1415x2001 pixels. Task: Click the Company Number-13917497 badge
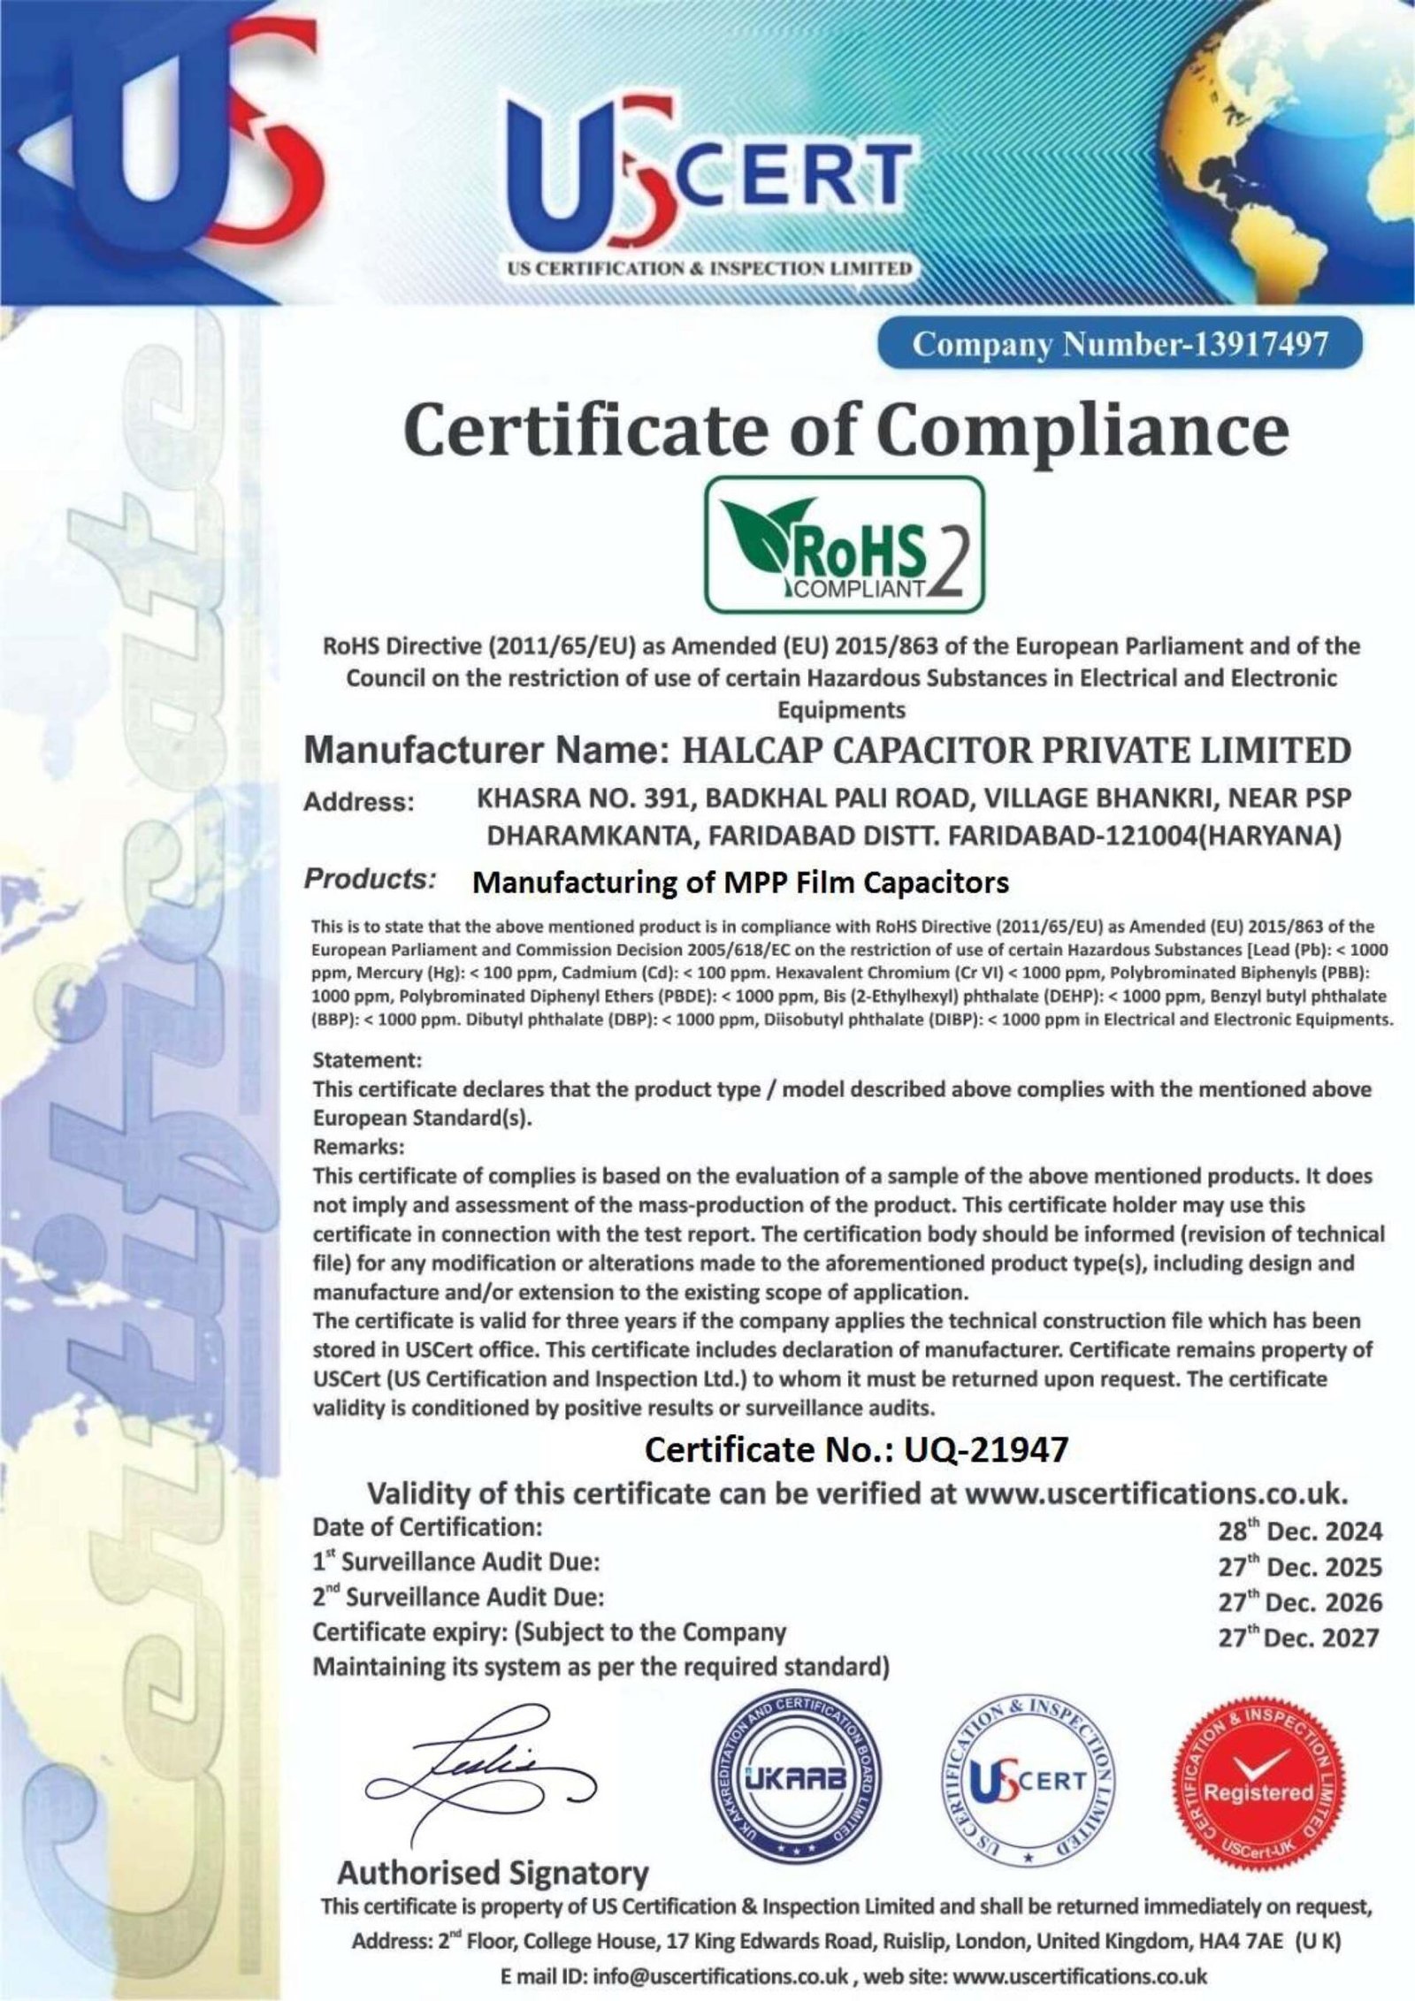click(x=1119, y=344)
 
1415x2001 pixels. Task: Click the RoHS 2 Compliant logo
click(x=843, y=544)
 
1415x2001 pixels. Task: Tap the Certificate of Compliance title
click(x=845, y=432)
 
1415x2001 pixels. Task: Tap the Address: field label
click(x=359, y=803)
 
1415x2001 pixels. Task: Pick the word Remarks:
click(x=358, y=1147)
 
